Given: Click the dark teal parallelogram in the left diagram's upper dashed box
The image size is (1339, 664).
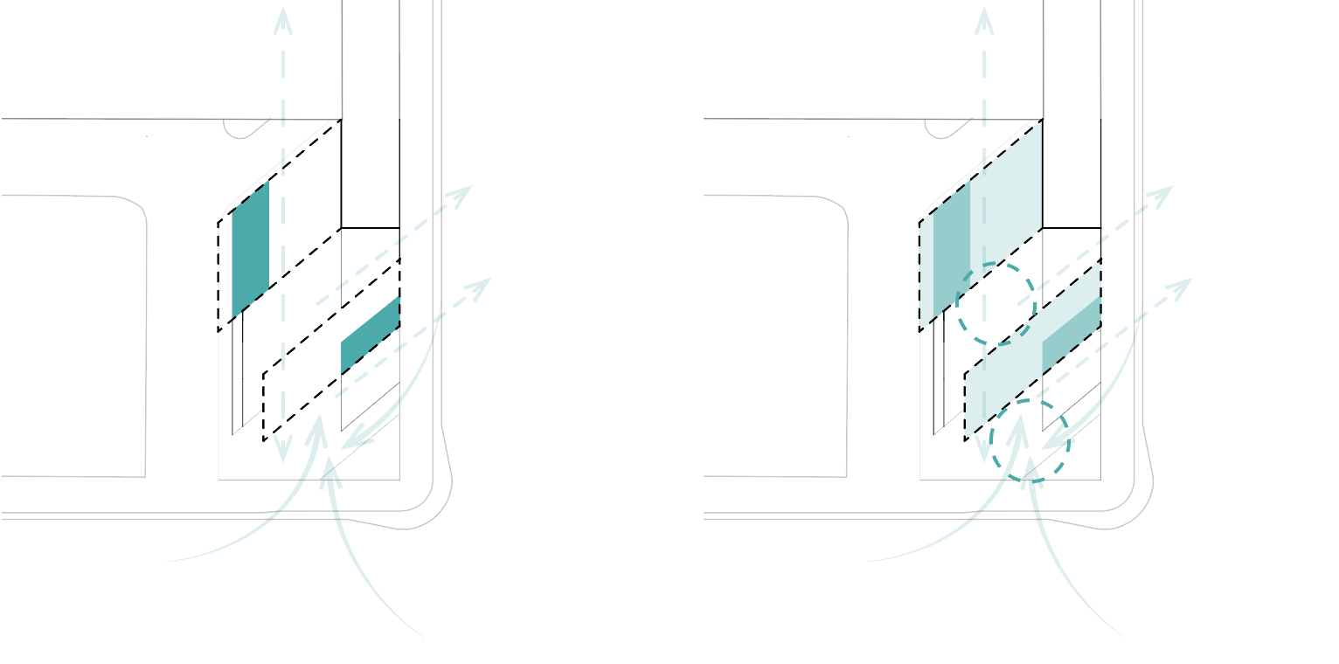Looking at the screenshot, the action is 251,249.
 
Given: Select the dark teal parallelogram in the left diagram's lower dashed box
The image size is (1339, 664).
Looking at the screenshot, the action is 370,335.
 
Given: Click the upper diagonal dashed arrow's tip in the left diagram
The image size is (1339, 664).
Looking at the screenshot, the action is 465,190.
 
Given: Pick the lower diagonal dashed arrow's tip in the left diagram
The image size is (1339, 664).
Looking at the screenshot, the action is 484,283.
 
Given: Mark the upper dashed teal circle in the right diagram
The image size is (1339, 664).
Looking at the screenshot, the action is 996,303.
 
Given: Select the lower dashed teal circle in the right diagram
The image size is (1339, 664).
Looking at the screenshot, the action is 1030,440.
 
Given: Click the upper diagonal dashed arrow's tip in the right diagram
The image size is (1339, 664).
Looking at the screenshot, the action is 1166,190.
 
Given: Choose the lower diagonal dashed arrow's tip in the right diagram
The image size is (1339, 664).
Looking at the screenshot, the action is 1186,283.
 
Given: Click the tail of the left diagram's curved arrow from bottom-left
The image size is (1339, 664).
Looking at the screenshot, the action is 166,561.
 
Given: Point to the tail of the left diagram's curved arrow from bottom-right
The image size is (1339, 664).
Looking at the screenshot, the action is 424,637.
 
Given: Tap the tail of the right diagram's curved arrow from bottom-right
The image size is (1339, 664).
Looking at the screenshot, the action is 1126,637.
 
